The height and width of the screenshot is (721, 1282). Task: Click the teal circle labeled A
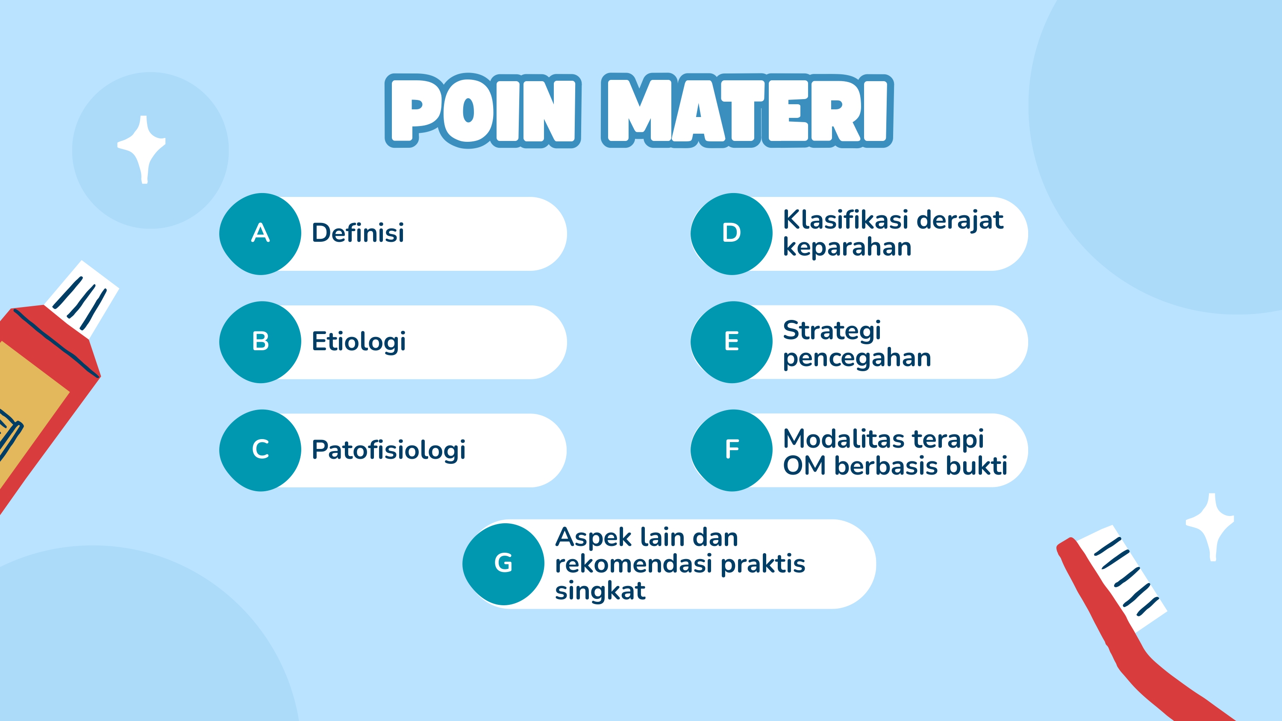pyautogui.click(x=260, y=233)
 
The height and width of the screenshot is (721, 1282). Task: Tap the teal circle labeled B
pyautogui.click(x=260, y=342)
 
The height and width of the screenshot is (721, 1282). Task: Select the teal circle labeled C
pyautogui.click(x=260, y=450)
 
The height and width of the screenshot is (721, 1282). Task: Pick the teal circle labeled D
pyautogui.click(x=731, y=233)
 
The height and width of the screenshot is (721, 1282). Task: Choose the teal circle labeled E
pyautogui.click(x=731, y=342)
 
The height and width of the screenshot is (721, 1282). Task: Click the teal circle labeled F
pyautogui.click(x=731, y=450)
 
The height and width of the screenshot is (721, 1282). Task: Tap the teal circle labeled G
pyautogui.click(x=503, y=564)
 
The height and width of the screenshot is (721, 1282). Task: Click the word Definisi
pyautogui.click(x=358, y=233)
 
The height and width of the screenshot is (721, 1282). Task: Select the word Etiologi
pyautogui.click(x=359, y=342)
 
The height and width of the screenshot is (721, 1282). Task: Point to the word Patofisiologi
pyautogui.click(x=388, y=450)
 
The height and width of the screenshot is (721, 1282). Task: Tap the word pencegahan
pyautogui.click(x=856, y=358)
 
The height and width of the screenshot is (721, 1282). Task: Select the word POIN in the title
pyautogui.click(x=483, y=111)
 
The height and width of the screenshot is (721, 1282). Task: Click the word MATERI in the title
pyautogui.click(x=747, y=111)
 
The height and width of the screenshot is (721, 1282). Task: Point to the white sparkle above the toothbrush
pyautogui.click(x=1212, y=525)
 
